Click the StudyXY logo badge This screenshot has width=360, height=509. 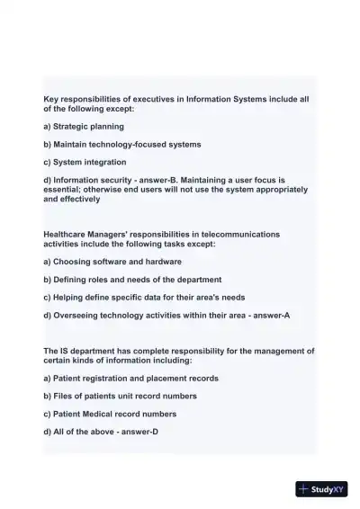(x=321, y=489)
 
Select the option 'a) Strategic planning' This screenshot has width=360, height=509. (x=84, y=127)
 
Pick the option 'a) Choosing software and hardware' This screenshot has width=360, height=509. (x=112, y=262)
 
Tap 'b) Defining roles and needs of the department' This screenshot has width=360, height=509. (x=132, y=280)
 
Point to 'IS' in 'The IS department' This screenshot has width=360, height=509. (x=67, y=351)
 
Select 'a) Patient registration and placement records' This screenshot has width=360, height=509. (x=130, y=379)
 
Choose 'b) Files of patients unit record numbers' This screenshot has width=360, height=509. (x=120, y=397)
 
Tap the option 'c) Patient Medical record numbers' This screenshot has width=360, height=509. (x=112, y=415)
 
